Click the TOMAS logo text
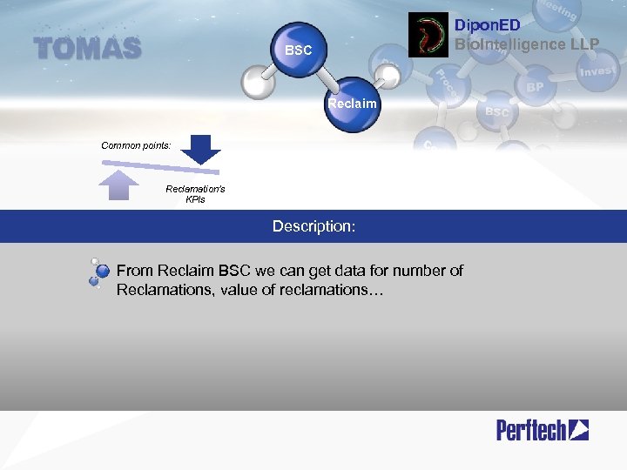(x=87, y=49)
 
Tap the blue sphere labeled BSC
(x=299, y=50)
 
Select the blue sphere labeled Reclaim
(x=353, y=106)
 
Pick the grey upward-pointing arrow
(x=120, y=185)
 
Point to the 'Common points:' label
(x=137, y=145)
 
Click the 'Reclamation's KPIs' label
(x=195, y=194)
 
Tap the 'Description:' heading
(x=313, y=226)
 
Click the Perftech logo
(x=543, y=429)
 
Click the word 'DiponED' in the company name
(x=488, y=26)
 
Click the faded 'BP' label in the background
(x=535, y=87)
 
